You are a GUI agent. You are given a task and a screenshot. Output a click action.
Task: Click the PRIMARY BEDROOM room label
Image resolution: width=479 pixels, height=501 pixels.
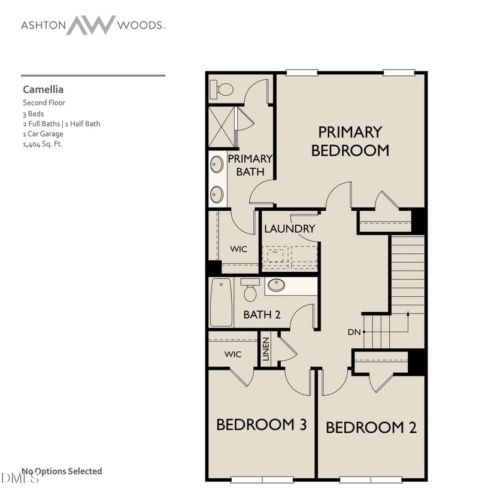click(350, 141)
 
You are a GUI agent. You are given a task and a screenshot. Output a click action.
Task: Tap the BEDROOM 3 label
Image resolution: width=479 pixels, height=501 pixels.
click(261, 424)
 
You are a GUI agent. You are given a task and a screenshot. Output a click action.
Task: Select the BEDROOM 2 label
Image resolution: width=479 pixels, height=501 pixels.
click(371, 427)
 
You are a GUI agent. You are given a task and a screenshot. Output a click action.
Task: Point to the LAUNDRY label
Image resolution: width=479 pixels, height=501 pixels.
click(289, 229)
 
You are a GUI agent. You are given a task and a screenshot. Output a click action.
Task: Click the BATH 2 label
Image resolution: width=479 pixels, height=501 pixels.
click(262, 314)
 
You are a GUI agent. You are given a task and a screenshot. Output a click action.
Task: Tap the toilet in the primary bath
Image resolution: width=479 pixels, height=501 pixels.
click(223, 90)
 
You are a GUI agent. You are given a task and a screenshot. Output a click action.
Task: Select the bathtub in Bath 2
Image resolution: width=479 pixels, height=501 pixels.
click(221, 302)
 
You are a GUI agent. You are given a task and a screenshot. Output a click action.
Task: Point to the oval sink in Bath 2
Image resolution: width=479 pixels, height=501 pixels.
click(276, 285)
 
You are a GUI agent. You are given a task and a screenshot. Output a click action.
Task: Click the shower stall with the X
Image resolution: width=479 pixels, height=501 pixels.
click(222, 127)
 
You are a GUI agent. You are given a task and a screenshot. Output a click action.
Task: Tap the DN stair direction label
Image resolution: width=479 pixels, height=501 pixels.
click(355, 332)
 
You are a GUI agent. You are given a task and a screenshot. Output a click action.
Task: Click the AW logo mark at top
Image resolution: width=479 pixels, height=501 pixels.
click(90, 25)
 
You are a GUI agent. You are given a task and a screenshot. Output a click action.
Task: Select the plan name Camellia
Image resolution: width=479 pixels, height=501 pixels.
click(43, 89)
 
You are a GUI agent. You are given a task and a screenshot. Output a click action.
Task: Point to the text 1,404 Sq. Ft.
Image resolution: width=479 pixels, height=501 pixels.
click(43, 144)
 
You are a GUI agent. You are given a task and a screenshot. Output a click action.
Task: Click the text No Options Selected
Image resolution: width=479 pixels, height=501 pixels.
click(62, 471)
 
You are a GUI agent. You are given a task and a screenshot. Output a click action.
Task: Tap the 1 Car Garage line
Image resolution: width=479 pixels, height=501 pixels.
click(43, 134)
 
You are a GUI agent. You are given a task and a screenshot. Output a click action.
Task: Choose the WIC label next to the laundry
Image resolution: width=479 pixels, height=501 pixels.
click(238, 249)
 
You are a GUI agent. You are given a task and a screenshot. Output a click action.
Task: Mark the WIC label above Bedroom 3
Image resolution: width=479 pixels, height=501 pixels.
click(233, 354)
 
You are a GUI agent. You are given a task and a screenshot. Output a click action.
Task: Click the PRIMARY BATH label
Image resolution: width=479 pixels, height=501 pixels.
click(250, 165)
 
